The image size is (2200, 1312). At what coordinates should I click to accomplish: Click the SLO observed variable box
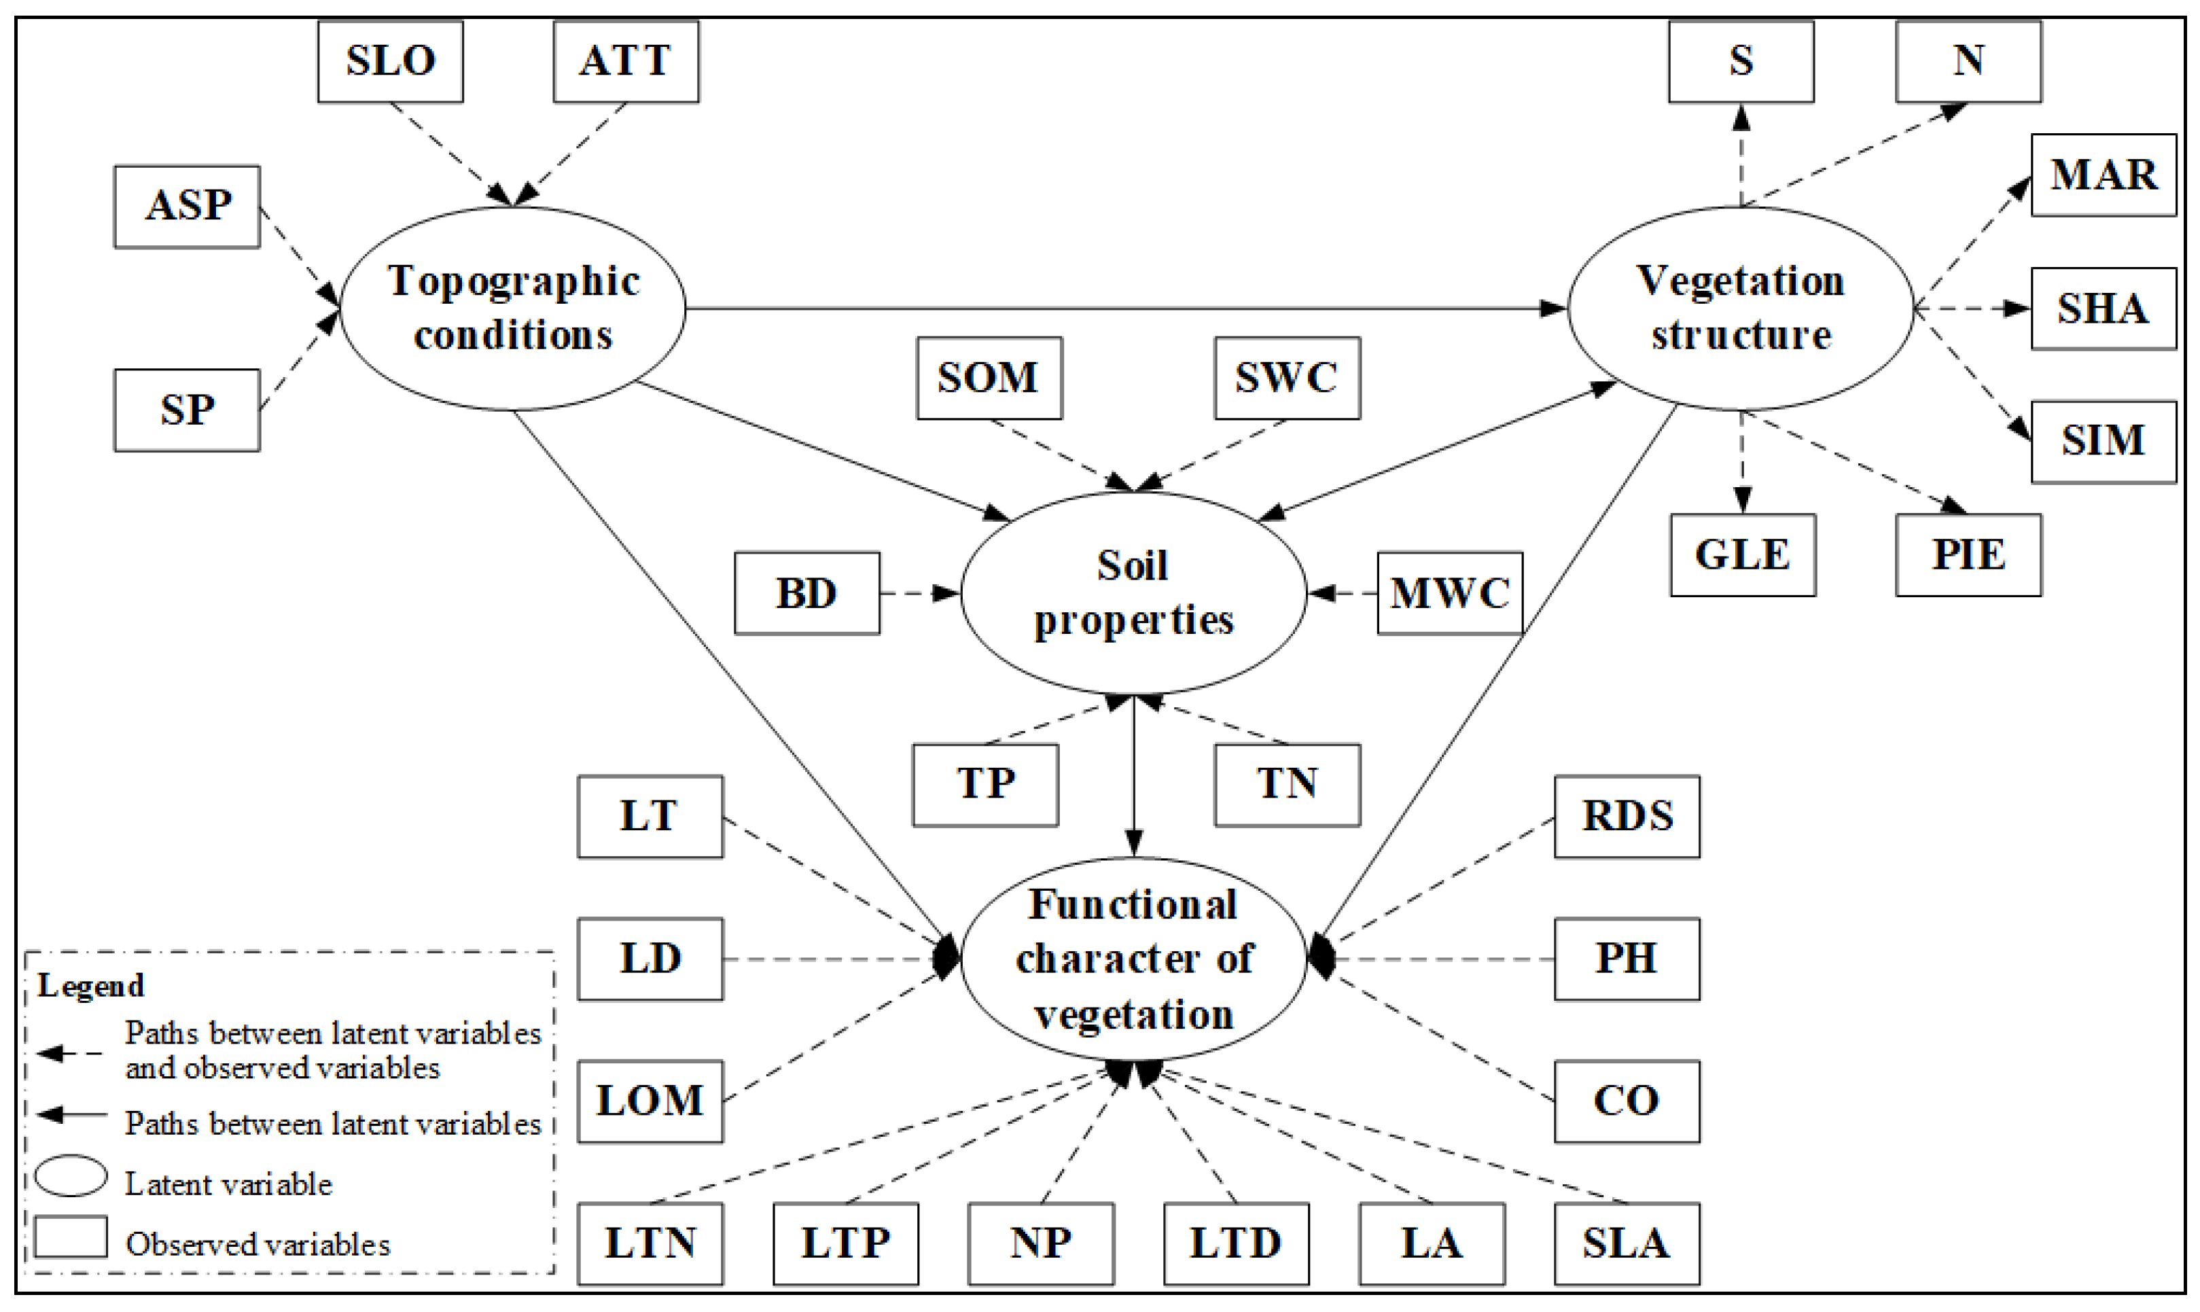tap(390, 62)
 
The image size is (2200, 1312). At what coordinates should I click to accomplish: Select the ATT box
tap(626, 62)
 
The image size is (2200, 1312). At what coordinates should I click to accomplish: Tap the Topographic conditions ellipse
tap(513, 308)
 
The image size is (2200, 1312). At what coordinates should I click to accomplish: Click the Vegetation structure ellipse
tap(1741, 308)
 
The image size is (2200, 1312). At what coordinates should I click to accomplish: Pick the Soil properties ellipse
tap(1133, 592)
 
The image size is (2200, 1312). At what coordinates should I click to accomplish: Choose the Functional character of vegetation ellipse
tap(1133, 959)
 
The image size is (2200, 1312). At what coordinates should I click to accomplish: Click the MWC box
tap(1450, 593)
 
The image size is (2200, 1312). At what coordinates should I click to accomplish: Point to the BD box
tap(807, 593)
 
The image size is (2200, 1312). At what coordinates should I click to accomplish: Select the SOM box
tap(989, 378)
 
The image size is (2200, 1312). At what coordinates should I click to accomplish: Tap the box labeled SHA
tap(2103, 308)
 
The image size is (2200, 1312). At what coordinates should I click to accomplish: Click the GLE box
tap(1742, 555)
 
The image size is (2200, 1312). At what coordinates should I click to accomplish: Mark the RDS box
tap(1627, 816)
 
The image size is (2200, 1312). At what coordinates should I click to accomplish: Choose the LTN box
tap(650, 1243)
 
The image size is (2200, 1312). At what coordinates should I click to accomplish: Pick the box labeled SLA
tap(1627, 1243)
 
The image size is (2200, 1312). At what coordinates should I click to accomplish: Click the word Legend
tap(91, 986)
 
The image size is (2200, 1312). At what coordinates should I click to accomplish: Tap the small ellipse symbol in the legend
tap(71, 1177)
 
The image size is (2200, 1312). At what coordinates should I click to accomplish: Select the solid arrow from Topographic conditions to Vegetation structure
tap(1122, 308)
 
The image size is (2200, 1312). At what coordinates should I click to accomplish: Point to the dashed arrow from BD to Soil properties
tap(919, 593)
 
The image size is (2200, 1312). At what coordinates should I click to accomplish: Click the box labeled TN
tap(1287, 784)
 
